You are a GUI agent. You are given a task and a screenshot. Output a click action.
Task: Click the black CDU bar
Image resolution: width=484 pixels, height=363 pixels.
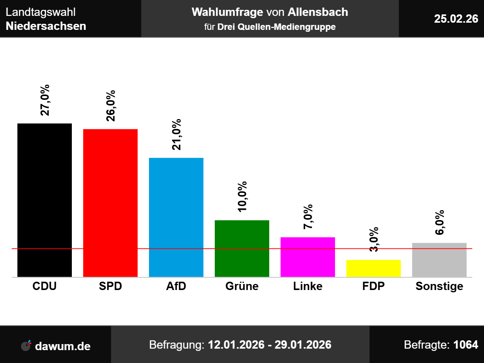45,200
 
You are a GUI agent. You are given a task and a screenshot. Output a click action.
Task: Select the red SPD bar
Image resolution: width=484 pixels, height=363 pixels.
110,203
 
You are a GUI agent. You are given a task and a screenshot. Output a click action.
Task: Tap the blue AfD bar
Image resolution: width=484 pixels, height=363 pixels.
176,217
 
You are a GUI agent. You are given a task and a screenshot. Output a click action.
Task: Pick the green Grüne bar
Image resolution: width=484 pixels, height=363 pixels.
242,248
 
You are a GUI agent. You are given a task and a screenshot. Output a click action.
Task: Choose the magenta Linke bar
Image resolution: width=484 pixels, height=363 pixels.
308,257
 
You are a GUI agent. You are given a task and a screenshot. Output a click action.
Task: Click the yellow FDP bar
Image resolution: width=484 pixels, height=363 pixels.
374,268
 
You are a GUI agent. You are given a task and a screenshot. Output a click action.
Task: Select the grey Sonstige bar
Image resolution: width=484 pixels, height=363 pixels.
439,260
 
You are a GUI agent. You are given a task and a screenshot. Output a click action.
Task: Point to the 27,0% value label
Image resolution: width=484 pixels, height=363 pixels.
45,100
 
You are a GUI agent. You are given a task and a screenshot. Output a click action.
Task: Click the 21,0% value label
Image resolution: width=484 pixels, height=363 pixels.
177,134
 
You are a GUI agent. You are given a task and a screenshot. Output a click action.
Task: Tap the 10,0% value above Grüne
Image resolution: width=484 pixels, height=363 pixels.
242,197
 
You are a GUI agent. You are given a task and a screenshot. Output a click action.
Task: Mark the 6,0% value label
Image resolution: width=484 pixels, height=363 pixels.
440,222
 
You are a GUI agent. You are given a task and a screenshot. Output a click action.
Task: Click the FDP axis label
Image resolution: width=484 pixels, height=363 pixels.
374,286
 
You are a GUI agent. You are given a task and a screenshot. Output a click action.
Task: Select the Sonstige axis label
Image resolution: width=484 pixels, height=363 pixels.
439,286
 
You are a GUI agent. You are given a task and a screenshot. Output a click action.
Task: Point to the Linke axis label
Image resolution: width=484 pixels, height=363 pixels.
308,286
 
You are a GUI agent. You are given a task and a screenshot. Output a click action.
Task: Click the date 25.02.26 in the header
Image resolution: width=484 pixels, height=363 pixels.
456,19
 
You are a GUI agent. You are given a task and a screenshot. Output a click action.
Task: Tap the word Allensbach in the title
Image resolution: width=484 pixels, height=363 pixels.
318,12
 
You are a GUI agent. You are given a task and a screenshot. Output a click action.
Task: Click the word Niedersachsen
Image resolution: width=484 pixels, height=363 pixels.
46,26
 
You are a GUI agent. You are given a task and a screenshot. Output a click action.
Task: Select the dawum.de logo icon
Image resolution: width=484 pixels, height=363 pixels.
26,346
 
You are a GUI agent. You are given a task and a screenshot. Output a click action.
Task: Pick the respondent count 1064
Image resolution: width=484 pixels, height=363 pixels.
466,345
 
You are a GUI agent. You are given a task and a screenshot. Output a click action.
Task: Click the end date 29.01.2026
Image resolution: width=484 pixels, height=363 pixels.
303,345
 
